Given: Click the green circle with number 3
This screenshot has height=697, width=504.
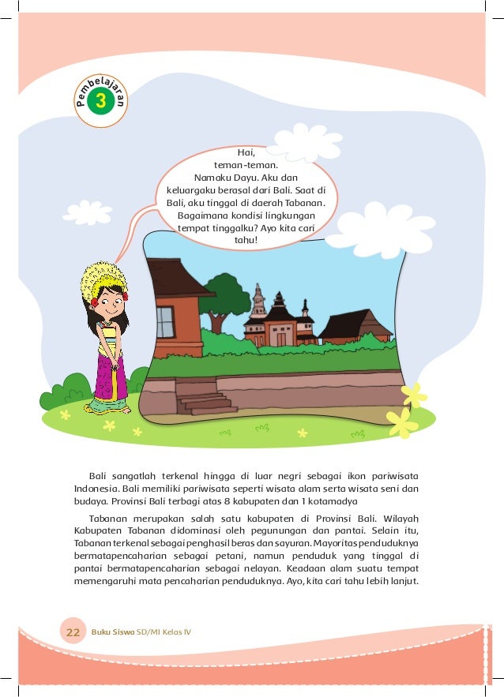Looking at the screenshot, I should tap(100, 101).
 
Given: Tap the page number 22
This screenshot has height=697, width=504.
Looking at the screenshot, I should tap(73, 632).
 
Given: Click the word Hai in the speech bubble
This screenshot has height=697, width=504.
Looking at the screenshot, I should tap(246, 153).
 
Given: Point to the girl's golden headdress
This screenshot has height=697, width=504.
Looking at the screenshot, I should tap(103, 279).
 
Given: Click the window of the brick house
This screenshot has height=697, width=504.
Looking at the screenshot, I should tap(165, 321).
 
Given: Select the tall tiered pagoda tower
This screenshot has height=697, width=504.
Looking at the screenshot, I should tap(258, 304).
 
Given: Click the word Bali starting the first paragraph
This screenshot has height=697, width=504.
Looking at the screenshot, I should tap(97, 475).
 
